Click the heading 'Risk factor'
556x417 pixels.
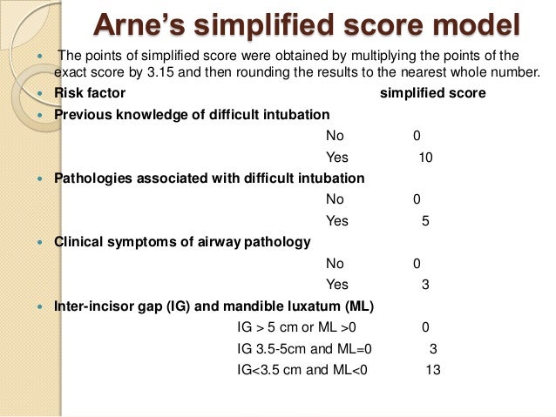tap(90, 93)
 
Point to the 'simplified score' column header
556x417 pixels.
tap(433, 93)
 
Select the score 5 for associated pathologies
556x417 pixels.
tap(424, 221)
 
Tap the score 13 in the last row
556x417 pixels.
tap(433, 369)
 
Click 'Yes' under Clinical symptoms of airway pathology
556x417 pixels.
tap(336, 284)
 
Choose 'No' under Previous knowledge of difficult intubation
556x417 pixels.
tap(335, 136)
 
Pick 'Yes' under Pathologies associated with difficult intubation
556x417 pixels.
tap(336, 221)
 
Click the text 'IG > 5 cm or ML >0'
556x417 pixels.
tap(296, 327)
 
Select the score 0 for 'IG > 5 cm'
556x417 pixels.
tap(424, 327)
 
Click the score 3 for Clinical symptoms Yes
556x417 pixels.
tap(424, 284)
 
